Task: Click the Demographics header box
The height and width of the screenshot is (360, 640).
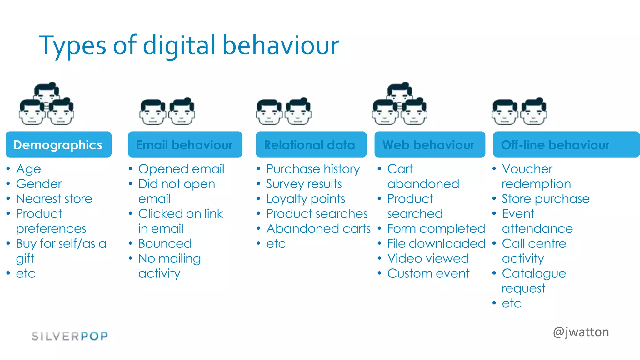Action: tap(58, 145)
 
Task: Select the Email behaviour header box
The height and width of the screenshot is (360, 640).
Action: tap(185, 145)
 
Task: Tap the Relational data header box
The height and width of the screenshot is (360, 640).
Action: tap(311, 145)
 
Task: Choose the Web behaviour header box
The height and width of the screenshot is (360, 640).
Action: tap(430, 145)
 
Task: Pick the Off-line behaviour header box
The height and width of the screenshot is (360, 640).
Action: tap(566, 145)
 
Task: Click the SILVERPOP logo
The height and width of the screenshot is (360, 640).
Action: tap(70, 336)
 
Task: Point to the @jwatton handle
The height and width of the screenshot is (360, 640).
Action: tap(581, 332)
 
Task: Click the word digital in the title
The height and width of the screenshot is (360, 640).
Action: tap(179, 46)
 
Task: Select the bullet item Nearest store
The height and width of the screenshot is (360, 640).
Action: tap(54, 199)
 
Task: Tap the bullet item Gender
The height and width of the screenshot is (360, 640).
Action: tap(39, 184)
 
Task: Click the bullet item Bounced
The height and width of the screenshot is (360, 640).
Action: tap(165, 243)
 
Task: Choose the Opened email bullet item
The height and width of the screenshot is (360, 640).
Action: tap(181, 169)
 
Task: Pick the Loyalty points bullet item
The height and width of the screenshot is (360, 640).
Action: tap(306, 199)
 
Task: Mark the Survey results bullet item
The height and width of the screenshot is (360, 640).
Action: tap(304, 184)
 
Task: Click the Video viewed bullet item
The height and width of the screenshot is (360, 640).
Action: tap(428, 258)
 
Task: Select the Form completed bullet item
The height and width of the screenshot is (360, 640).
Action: tap(436, 229)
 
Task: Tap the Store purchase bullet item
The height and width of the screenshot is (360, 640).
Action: tap(546, 199)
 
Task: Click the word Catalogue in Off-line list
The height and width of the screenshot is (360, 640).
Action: tap(534, 273)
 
